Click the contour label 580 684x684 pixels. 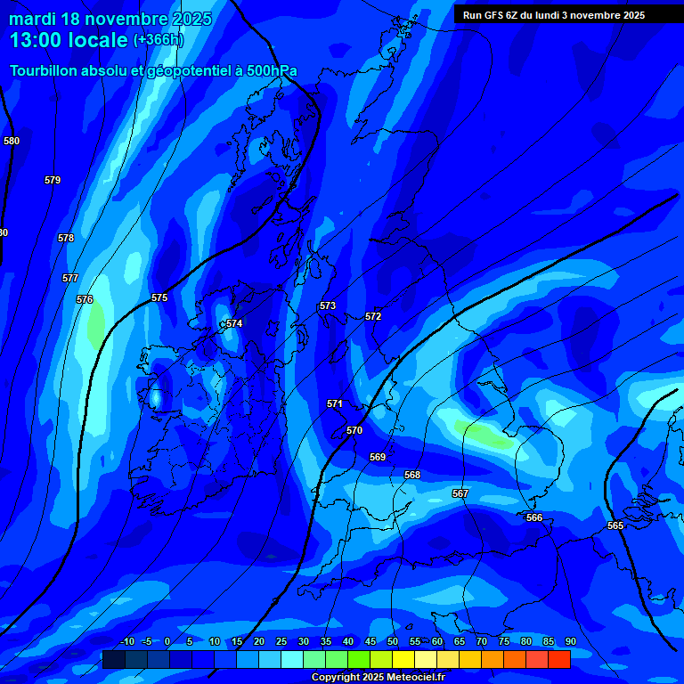tap(12, 141)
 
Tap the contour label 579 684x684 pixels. tap(53, 180)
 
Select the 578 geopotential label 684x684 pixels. tap(66, 238)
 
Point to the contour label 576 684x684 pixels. tap(85, 299)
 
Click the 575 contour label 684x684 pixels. tap(159, 297)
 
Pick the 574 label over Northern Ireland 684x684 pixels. tap(234, 323)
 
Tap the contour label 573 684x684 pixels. tap(328, 305)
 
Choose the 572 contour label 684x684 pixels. tap(373, 316)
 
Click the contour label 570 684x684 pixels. tap(354, 430)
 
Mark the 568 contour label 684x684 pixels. tap(412, 475)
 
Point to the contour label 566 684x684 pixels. tap(534, 517)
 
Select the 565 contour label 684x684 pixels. tap(615, 525)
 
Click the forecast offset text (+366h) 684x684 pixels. tap(158, 39)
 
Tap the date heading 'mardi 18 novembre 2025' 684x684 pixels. tap(110, 19)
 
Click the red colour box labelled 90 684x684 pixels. tap(559, 659)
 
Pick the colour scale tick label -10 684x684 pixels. tap(126, 641)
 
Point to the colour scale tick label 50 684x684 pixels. tap(393, 641)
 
